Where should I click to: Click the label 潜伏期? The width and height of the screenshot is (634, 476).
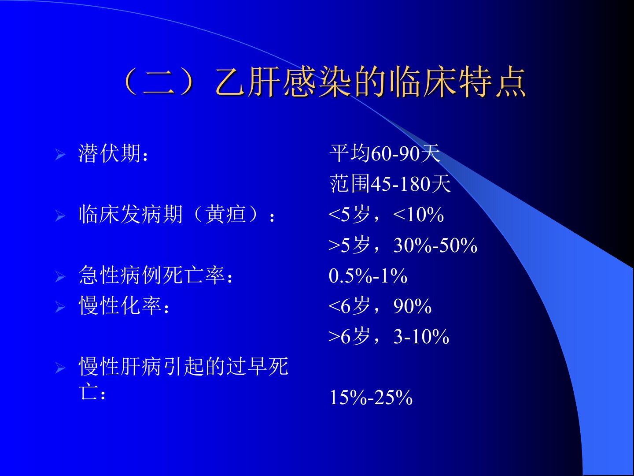110,153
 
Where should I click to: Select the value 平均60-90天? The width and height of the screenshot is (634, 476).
385,153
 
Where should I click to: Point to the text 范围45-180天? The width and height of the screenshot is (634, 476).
390,184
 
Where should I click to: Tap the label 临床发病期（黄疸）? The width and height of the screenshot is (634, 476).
169,215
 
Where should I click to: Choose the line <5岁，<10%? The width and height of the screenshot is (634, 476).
386,215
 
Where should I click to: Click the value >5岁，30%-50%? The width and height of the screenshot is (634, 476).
403,245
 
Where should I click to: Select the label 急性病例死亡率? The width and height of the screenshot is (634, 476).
151,275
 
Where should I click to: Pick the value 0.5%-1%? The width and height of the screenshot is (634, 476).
368,276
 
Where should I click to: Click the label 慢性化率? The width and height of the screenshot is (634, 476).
120,306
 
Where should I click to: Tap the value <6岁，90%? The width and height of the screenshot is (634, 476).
380,306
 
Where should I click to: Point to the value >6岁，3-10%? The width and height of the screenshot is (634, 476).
389,336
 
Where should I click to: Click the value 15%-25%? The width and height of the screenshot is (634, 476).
371,398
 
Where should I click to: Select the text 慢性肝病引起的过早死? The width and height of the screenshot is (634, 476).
184,366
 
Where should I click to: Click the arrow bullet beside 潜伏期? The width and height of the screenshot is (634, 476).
60,155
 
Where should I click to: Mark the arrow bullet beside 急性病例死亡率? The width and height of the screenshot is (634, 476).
60,277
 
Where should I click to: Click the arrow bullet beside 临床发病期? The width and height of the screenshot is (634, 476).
60,216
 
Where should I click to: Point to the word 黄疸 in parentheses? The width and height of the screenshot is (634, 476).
225,215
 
